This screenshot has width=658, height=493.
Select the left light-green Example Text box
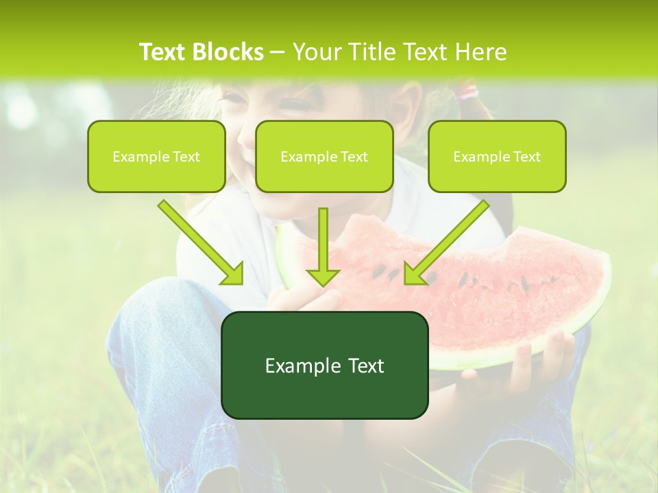(156, 157)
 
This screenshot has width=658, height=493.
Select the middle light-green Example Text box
(324, 157)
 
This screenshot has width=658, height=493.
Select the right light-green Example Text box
(497, 157)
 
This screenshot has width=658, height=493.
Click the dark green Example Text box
(324, 366)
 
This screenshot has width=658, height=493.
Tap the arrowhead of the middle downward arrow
(323, 277)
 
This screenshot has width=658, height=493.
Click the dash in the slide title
(278, 53)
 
